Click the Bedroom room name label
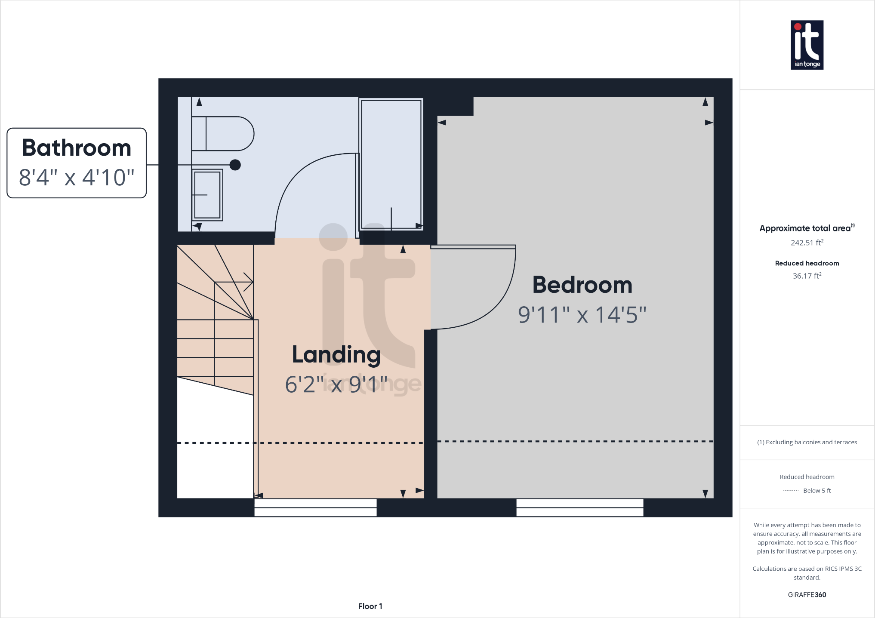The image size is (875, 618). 582,285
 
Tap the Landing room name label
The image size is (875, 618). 336,355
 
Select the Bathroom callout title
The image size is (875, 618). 77,148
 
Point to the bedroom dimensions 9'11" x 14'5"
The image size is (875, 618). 582,315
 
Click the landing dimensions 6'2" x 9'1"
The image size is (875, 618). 336,384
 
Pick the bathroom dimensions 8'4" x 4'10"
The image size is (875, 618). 77,177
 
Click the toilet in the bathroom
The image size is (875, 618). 222,134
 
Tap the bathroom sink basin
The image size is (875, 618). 207,195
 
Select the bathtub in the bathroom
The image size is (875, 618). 391,164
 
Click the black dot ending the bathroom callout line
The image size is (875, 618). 235,165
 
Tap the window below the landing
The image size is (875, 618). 315,507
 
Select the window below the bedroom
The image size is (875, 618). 579,507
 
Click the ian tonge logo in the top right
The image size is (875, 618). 807,45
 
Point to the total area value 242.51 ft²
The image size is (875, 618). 807,243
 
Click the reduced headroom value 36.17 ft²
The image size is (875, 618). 807,276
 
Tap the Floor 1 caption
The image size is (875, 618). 370,606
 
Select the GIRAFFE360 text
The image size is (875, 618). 807,595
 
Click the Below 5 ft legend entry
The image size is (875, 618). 816,491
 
